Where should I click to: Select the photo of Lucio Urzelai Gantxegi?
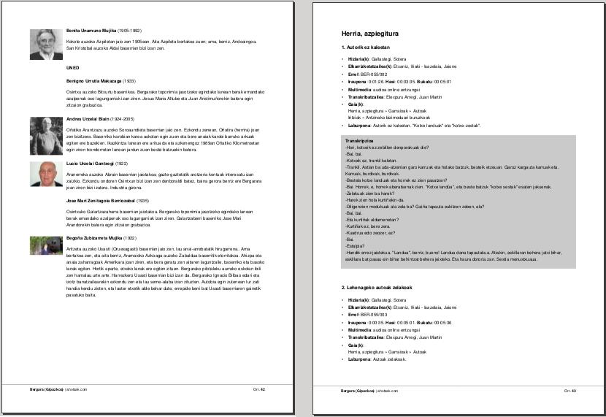[44, 174]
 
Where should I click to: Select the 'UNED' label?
[72, 68]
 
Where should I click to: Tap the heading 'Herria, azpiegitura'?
[369, 34]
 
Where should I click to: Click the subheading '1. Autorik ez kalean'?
[366, 47]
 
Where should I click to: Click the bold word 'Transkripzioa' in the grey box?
[359, 140]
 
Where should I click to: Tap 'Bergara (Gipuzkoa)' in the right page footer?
[358, 391]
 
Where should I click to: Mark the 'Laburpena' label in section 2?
[360, 359]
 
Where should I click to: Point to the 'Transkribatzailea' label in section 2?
[367, 337]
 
